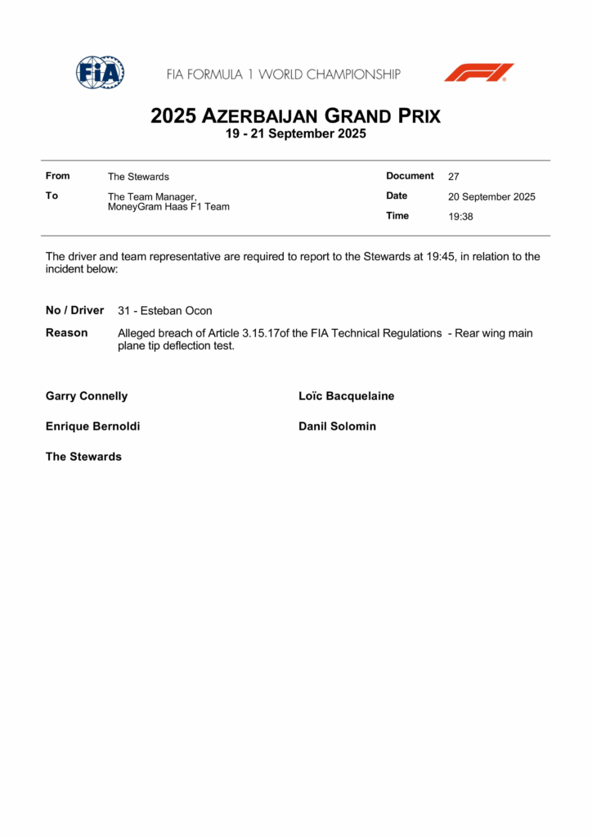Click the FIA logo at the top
100,73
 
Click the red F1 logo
479,73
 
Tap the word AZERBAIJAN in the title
261,116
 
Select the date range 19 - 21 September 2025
296,134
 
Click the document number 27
454,177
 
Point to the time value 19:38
460,217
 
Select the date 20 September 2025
491,197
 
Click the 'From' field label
58,176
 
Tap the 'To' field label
52,196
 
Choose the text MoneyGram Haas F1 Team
168,207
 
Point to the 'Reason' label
67,333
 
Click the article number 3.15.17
261,334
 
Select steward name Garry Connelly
87,396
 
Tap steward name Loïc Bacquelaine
347,396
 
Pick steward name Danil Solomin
338,426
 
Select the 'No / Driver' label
75,310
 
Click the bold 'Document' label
410,176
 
